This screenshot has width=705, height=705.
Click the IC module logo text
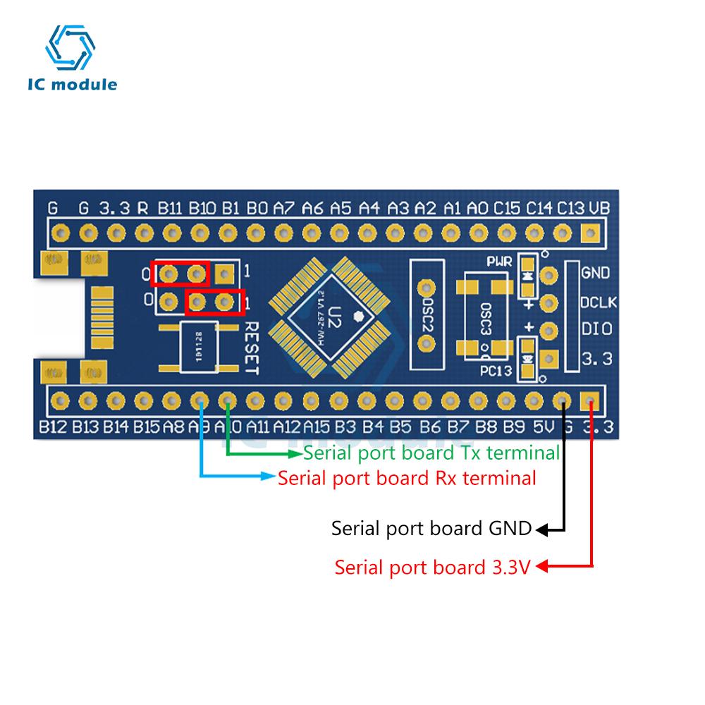coord(73,85)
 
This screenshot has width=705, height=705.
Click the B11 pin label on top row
coord(171,208)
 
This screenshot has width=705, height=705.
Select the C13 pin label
coord(571,208)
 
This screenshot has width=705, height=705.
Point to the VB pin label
coord(599,208)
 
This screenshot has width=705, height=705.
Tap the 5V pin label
coord(539,427)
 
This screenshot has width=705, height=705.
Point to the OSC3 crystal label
coord(484,319)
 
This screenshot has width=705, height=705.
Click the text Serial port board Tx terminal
coord(431,453)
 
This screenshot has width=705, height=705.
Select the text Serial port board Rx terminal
coord(407,478)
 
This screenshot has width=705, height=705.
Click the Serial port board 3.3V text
coord(431,566)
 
